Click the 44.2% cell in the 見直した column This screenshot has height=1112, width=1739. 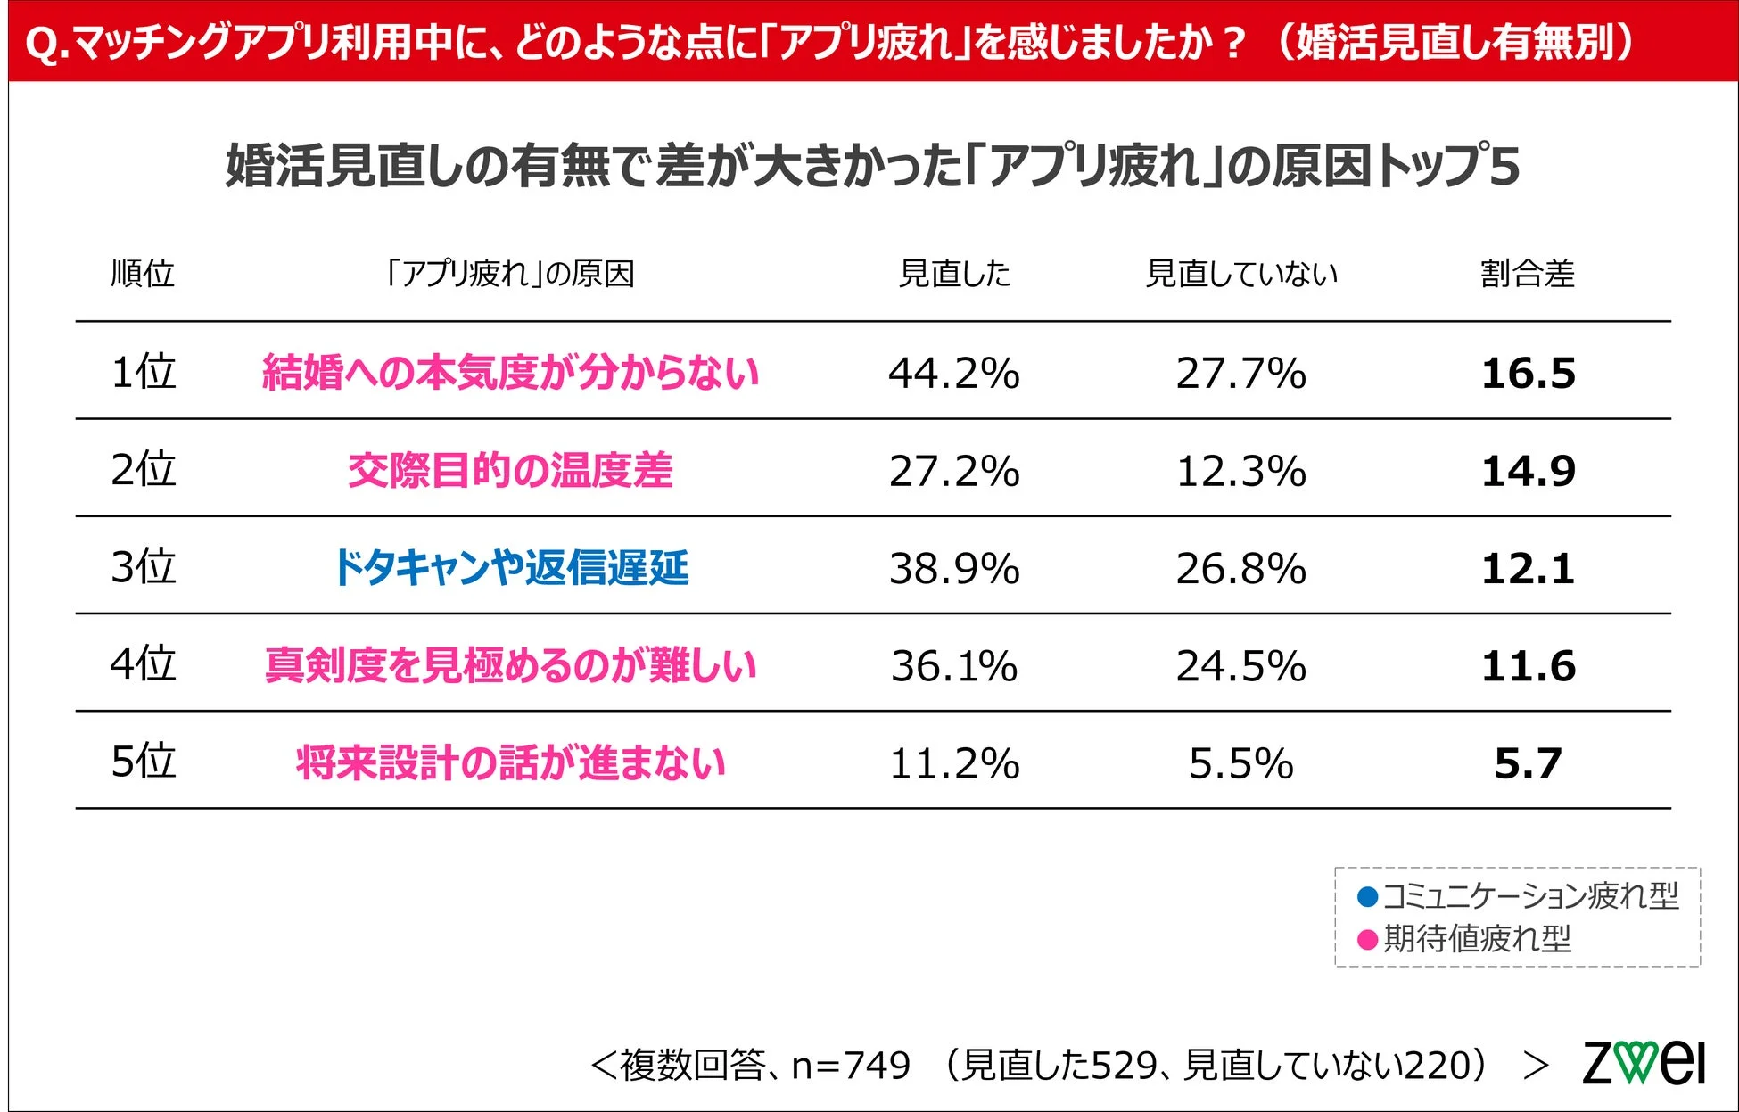[953, 373]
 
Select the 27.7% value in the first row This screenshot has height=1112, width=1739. [1240, 373]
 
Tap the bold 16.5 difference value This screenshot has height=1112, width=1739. [1528, 373]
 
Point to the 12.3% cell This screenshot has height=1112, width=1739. [1240, 471]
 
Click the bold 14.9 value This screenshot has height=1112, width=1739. [1528, 471]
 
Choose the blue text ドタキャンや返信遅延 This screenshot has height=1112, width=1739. [510, 568]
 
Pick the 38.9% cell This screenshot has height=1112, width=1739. [953, 568]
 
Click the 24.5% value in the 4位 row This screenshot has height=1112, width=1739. [1240, 666]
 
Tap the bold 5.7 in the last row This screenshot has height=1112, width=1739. [1528, 763]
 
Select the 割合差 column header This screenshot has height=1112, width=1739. [1527, 274]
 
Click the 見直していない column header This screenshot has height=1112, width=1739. [1240, 274]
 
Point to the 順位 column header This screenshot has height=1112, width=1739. [143, 274]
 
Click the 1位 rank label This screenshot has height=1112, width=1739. [143, 372]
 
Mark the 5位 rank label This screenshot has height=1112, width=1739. [143, 762]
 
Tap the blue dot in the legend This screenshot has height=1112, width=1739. [1367, 896]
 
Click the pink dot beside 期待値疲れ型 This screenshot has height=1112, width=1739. [1367, 939]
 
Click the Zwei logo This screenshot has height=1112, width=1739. [1643, 1063]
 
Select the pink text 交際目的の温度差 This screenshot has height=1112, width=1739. [510, 471]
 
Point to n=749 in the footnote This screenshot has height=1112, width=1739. [851, 1065]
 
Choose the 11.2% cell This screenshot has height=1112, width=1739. [953, 763]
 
